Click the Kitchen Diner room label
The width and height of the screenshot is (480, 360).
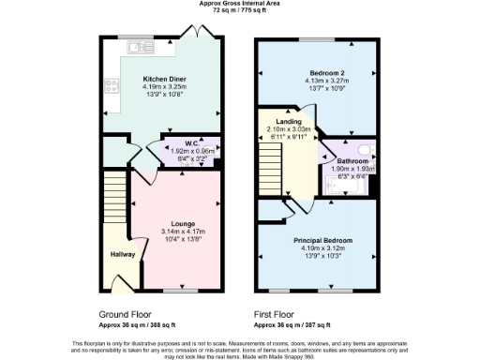(163, 79)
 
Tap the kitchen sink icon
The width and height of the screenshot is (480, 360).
(141, 46)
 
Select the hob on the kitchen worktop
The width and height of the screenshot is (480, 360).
(109, 87)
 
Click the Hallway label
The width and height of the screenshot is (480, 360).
(111, 255)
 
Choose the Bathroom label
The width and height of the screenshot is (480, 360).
(352, 160)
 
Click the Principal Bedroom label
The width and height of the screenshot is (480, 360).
(322, 240)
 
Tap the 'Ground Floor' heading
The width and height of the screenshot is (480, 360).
(127, 314)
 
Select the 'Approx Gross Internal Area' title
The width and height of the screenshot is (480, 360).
(238, 4)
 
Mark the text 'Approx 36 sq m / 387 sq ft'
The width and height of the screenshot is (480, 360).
(292, 325)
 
